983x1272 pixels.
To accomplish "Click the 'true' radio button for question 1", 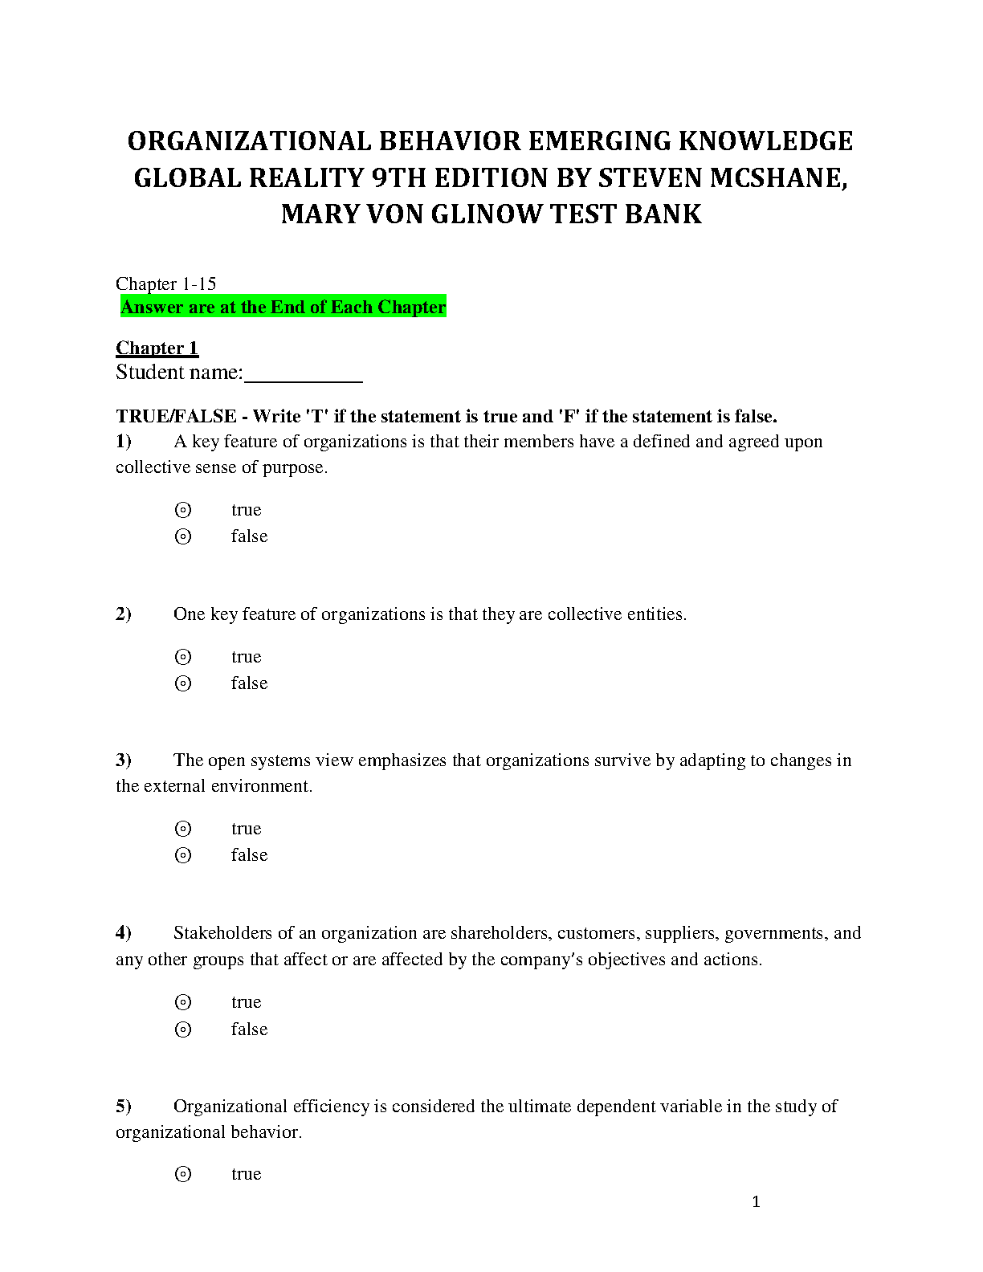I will pyautogui.click(x=183, y=510).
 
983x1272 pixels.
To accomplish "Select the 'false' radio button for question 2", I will pyautogui.click(x=183, y=683).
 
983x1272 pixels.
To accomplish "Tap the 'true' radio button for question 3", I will pyautogui.click(x=183, y=829).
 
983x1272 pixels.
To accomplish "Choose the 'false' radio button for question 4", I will pyautogui.click(x=183, y=1029).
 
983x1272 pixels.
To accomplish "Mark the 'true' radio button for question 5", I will pyautogui.click(x=183, y=1174).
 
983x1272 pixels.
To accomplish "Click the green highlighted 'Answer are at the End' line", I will pyautogui.click(x=283, y=307).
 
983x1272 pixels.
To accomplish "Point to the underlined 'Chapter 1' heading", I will pyautogui.click(x=157, y=348).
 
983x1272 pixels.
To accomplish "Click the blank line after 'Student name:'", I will pyautogui.click(x=303, y=374).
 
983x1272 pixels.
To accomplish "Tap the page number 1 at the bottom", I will pyautogui.click(x=756, y=1202).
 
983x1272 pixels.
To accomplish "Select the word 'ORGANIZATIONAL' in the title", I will pyautogui.click(x=249, y=141).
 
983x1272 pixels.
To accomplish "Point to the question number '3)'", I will pyautogui.click(x=124, y=760).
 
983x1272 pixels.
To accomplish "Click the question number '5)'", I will pyautogui.click(x=124, y=1107).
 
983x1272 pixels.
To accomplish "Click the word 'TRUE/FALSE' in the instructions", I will pyautogui.click(x=176, y=416).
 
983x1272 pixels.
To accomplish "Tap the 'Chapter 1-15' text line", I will pyautogui.click(x=165, y=283).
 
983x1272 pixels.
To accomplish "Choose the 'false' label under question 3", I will pyautogui.click(x=249, y=855).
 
